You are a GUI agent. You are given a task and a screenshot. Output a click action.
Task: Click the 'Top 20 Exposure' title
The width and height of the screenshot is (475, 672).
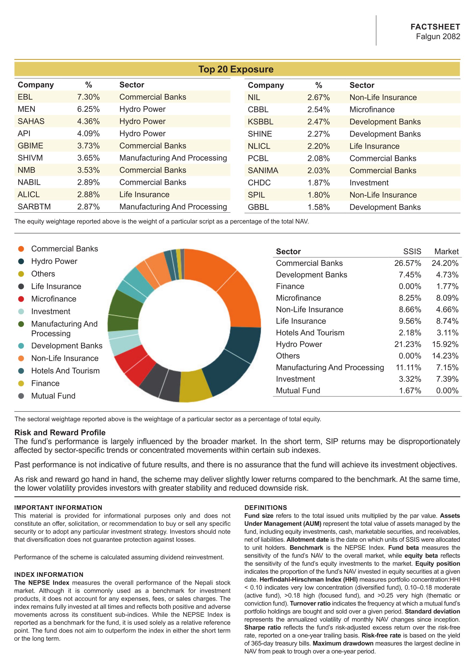coord(236,69)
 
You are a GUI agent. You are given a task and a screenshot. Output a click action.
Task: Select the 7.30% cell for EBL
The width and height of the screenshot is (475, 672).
coord(88,97)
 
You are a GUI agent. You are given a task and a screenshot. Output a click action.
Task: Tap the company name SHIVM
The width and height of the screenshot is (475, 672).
coord(30,158)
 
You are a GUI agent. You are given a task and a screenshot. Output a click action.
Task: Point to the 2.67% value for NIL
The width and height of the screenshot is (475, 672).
coord(318,97)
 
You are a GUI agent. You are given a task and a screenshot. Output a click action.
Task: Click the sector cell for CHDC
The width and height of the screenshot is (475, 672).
coord(369,183)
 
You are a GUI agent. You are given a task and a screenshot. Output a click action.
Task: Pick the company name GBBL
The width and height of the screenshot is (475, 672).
coord(258,207)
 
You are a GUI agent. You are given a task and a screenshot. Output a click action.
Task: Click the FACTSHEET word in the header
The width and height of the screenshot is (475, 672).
coord(435,27)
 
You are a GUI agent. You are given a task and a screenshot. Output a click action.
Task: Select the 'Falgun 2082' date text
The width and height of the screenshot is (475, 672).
coord(438,36)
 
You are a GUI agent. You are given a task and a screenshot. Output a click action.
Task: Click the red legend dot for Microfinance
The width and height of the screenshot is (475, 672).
coord(21,299)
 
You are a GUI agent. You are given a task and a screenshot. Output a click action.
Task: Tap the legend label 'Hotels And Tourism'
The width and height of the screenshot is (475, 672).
coord(65,371)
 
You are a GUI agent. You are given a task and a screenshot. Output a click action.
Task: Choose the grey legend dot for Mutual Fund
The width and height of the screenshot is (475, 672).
coord(21,396)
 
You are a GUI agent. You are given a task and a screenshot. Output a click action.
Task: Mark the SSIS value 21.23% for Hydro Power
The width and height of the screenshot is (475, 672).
coord(408,344)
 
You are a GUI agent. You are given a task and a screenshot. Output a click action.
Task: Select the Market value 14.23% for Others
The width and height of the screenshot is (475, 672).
coord(445,356)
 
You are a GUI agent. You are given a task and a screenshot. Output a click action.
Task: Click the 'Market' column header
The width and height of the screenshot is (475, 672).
coord(446,251)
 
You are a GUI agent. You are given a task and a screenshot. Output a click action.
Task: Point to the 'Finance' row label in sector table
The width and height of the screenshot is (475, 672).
coord(290,286)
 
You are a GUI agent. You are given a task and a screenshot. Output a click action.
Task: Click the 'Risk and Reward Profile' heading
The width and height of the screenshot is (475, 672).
coord(60,433)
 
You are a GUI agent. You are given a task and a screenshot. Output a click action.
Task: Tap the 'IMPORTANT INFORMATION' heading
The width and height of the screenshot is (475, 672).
coord(58,507)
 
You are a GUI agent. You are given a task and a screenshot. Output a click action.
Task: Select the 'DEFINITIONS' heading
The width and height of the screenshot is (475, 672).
coord(266,507)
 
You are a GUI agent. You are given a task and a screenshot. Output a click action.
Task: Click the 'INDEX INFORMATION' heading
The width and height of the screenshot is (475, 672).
coord(49,575)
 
